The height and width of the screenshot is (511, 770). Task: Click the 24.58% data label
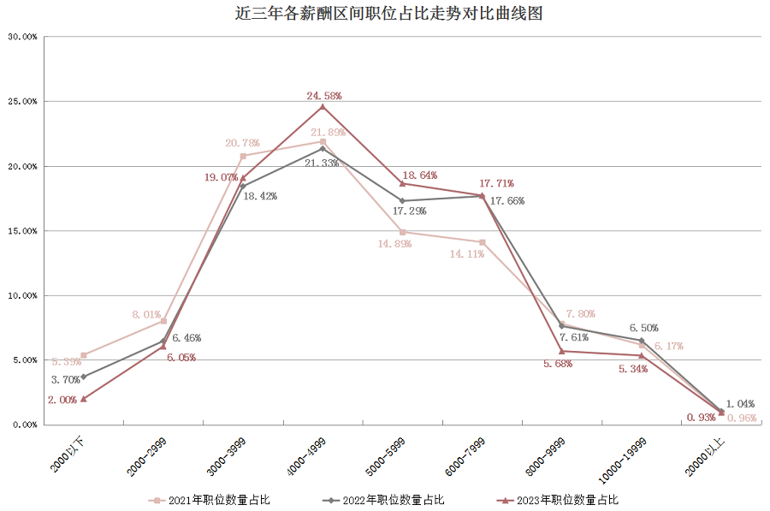coord(324,96)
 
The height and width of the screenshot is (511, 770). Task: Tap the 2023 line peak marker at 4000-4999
coord(323,107)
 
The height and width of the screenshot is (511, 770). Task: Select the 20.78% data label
coord(242,143)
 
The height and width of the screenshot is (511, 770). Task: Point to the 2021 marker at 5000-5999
coord(402,232)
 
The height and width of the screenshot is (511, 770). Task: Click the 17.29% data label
coord(410,211)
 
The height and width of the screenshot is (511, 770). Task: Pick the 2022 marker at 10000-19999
coord(642,341)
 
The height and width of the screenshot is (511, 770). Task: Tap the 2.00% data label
coord(62,400)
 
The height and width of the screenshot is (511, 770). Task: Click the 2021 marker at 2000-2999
coord(163,321)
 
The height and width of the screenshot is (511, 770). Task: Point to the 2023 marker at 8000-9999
coord(562,351)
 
